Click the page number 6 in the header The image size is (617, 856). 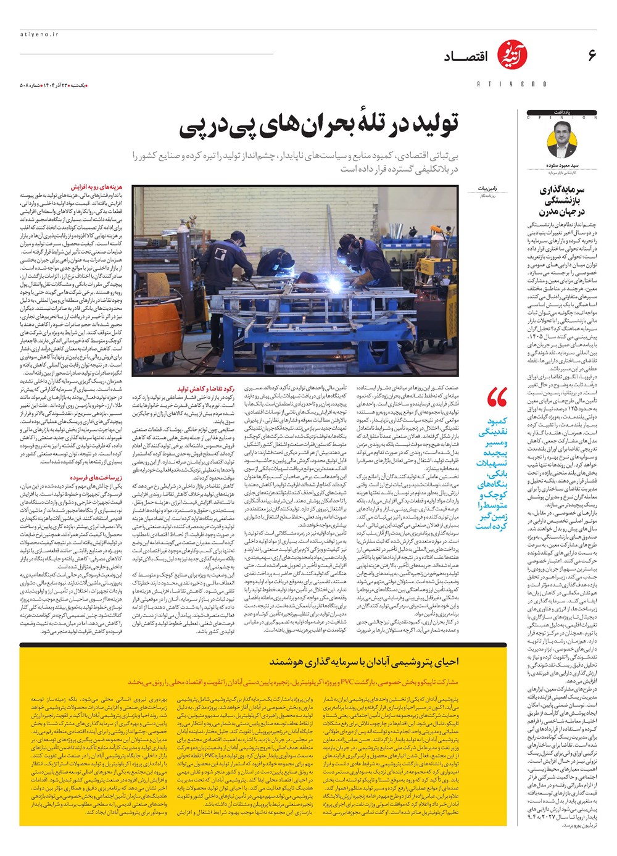pyautogui.click(x=592, y=56)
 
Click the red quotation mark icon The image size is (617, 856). pyautogui.click(x=497, y=399)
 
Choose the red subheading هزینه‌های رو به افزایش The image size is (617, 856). pyautogui.click(x=95, y=186)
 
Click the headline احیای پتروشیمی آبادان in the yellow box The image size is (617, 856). pyautogui.click(x=364, y=661)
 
